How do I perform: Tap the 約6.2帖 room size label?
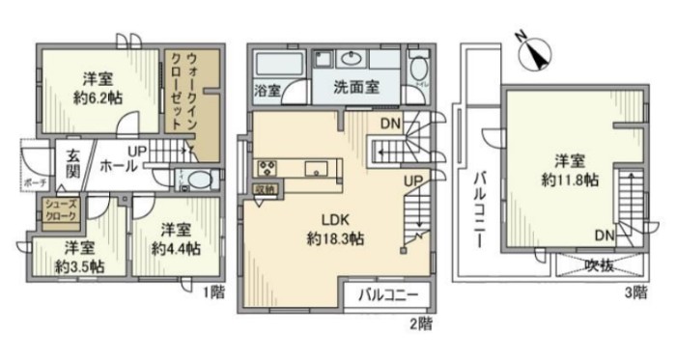[x=99, y=97]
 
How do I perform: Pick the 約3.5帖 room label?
[x=72, y=259]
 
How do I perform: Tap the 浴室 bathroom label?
[x=268, y=92]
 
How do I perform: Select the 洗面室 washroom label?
[x=355, y=87]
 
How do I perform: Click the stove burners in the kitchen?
[x=268, y=166]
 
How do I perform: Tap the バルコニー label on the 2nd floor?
[x=390, y=293]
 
